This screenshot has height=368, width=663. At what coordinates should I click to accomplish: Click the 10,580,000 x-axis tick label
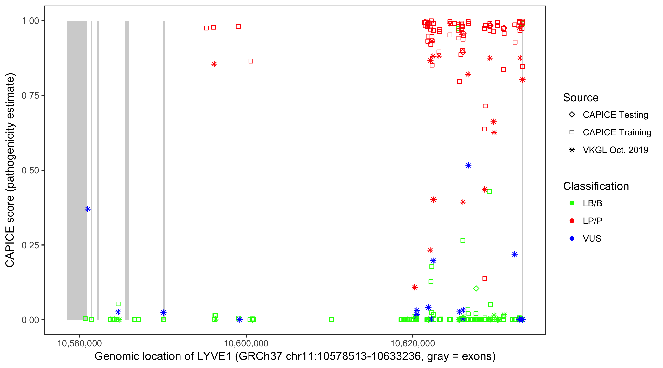[x=80, y=343]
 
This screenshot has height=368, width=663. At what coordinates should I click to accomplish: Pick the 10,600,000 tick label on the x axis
[x=246, y=343]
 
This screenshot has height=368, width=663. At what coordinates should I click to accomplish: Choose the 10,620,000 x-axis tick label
[x=413, y=343]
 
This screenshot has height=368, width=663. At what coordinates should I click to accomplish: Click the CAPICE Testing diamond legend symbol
[x=572, y=114]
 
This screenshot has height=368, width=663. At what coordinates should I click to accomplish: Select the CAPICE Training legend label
[x=617, y=132]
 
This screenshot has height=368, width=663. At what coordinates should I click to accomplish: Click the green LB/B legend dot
[x=572, y=203]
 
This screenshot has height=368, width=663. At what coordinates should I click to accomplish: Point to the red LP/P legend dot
[x=572, y=221]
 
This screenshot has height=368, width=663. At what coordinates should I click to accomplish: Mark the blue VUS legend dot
[x=572, y=239]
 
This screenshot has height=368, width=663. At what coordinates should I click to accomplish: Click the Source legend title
[x=581, y=98]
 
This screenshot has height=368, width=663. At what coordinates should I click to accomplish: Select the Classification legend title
[x=596, y=186]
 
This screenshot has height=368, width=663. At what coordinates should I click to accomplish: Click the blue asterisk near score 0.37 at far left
[x=88, y=209]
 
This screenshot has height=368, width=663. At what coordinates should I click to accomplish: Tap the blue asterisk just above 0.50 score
[x=469, y=165]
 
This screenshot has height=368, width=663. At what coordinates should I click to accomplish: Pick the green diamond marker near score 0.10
[x=476, y=289]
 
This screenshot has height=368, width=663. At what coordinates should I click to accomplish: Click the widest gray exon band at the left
[x=77, y=170]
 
